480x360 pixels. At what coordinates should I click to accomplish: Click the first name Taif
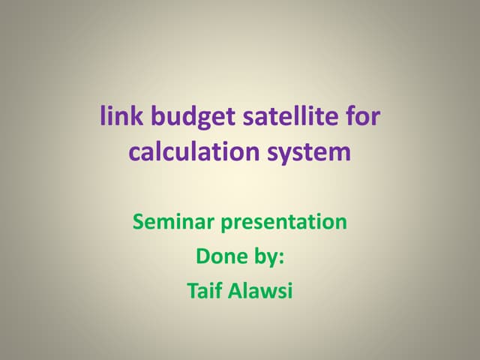(x=205, y=291)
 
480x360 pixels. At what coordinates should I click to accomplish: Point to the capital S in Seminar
(x=138, y=222)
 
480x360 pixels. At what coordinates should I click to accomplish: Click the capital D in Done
(x=202, y=256)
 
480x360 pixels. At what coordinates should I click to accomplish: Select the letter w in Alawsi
(x=265, y=292)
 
